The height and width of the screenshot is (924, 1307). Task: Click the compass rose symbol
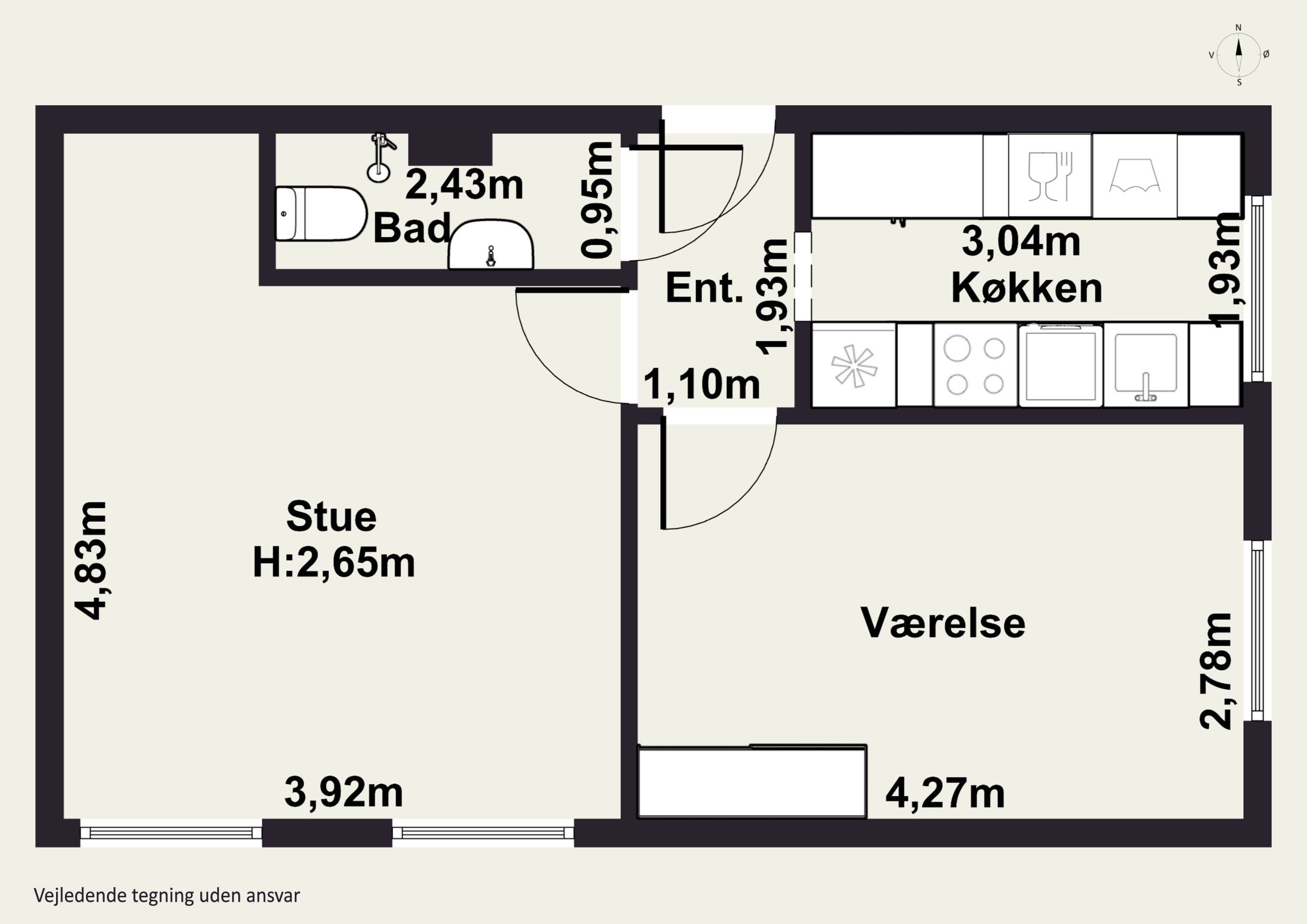point(1239,54)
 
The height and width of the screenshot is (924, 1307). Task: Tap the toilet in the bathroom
point(321,213)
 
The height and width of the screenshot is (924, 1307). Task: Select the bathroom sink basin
point(491,245)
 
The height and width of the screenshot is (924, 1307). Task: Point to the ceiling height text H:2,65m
point(334,563)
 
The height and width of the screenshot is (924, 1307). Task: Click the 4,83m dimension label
point(91,560)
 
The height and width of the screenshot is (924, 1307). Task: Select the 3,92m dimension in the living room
point(343,792)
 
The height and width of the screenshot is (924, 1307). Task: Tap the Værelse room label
point(943,623)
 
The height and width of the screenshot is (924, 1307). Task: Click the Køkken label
point(1026,288)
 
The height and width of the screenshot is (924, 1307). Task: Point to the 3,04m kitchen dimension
point(1021,241)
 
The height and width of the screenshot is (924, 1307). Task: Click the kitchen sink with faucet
point(1145,365)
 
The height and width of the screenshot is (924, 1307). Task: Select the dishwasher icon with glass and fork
point(1050,176)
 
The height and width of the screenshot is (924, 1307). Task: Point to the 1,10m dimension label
point(701,384)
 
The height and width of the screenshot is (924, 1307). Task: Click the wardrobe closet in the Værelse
point(752,781)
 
